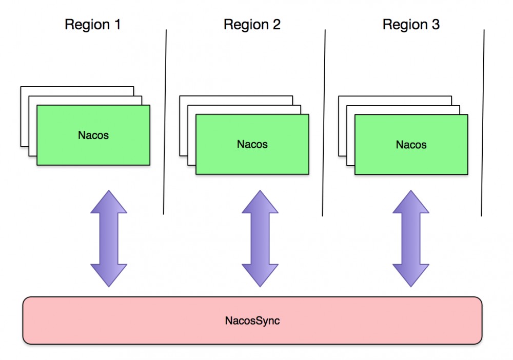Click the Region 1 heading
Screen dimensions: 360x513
point(92,25)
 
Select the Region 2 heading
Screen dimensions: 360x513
point(252,25)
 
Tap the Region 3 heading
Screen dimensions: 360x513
point(411,25)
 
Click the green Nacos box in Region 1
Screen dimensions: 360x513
point(93,135)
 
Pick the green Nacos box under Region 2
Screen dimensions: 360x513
point(252,144)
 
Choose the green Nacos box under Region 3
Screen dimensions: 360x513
point(411,145)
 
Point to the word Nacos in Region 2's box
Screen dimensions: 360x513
point(252,144)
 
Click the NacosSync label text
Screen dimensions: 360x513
point(252,321)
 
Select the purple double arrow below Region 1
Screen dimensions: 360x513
point(109,238)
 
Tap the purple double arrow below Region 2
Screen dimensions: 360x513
point(260,238)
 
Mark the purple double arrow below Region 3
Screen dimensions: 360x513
point(411,238)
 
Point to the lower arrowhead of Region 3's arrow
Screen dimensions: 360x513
point(411,274)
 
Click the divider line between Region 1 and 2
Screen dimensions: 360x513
point(165,123)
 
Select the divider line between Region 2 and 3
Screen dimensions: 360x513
point(324,123)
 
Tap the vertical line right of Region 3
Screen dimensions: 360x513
point(483,123)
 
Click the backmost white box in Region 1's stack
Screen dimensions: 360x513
point(24,118)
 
